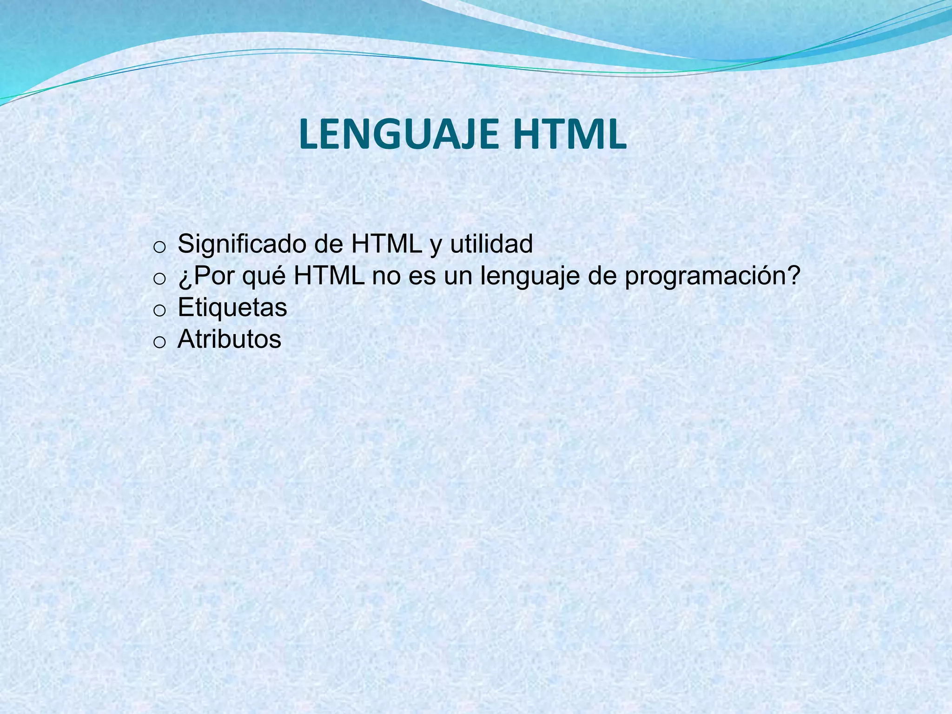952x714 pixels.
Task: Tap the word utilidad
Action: [491, 244]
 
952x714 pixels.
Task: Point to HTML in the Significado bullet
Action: [386, 244]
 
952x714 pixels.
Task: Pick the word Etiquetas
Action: [232, 307]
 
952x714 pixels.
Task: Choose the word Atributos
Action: [229, 339]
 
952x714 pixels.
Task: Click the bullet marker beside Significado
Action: [159, 247]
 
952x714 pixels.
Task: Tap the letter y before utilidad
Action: [436, 245]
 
